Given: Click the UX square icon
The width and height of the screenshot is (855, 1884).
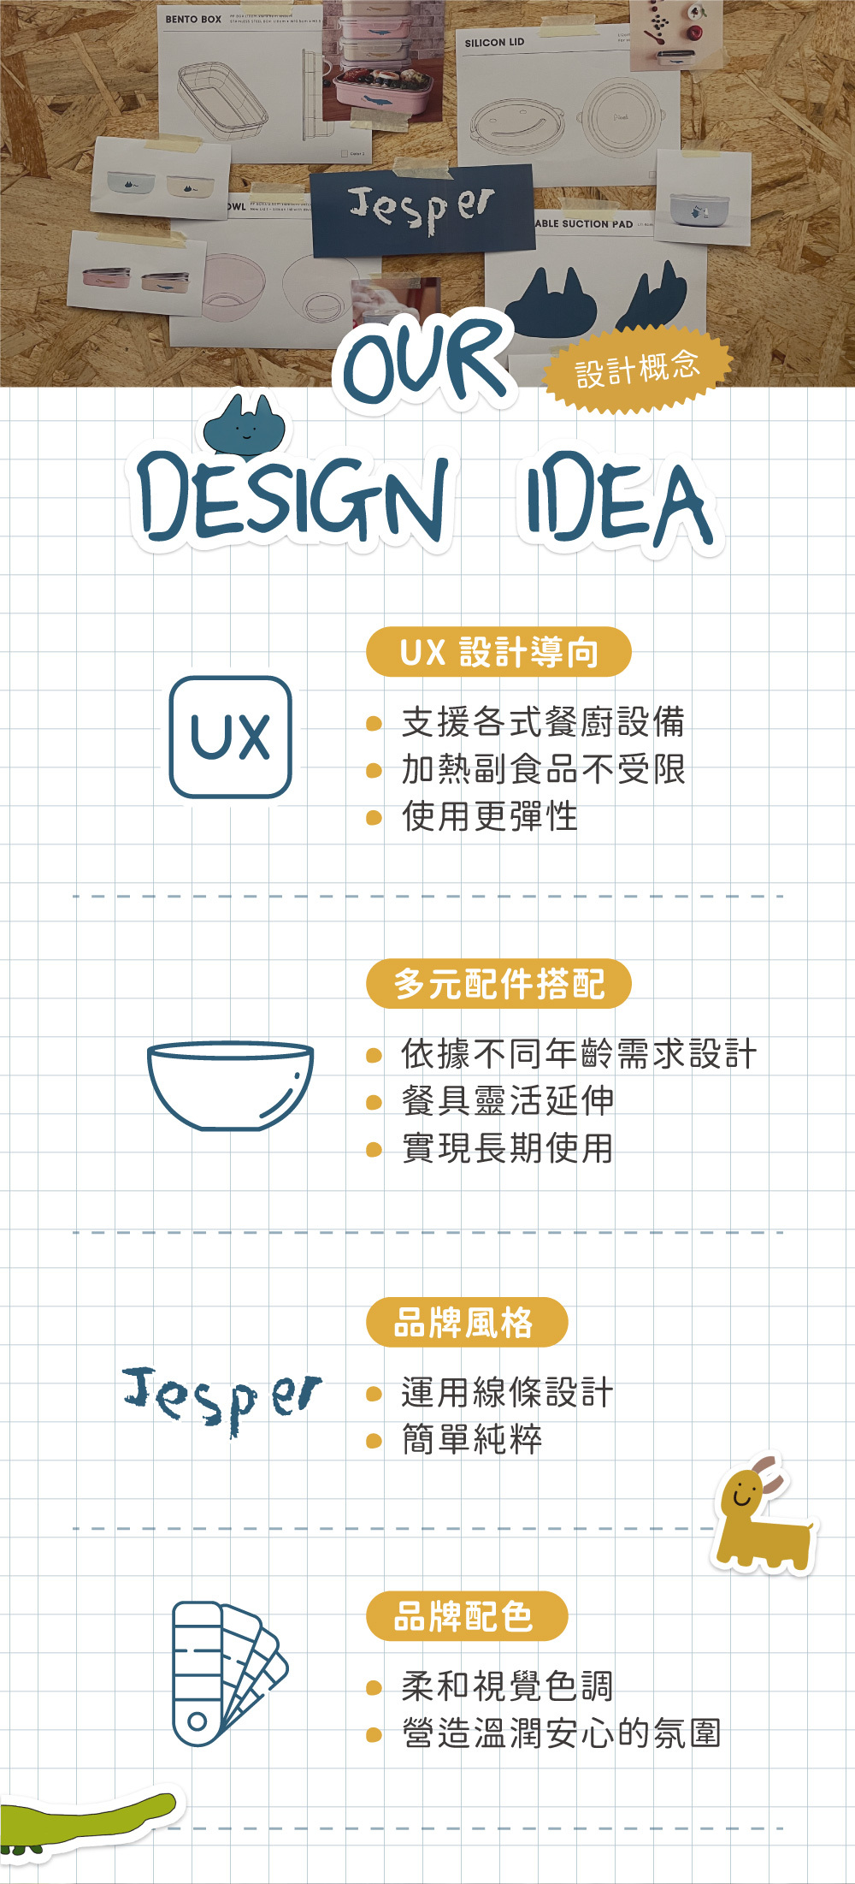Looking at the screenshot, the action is (231, 737).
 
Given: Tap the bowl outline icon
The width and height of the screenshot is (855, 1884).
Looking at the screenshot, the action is (230, 1085).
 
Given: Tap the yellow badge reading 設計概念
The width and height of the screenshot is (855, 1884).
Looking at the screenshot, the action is (637, 369).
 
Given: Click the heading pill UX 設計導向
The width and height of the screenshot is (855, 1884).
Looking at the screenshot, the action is (498, 652).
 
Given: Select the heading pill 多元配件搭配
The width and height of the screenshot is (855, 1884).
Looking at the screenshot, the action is (498, 984).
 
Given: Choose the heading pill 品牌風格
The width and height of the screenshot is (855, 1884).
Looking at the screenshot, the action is (466, 1322).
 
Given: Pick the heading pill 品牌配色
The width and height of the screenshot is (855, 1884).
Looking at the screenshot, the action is (466, 1616).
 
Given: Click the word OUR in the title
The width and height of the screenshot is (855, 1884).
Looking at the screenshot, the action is (426, 359).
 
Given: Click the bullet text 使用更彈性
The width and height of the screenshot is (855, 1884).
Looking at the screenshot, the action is (489, 816).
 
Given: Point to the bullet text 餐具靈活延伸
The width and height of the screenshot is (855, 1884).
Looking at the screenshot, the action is (507, 1100).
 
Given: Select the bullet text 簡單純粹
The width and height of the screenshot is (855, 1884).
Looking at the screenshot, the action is (471, 1439).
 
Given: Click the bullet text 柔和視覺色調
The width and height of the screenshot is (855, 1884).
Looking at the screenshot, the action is (507, 1686).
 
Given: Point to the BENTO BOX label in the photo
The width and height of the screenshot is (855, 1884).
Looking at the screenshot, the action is (193, 19).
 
